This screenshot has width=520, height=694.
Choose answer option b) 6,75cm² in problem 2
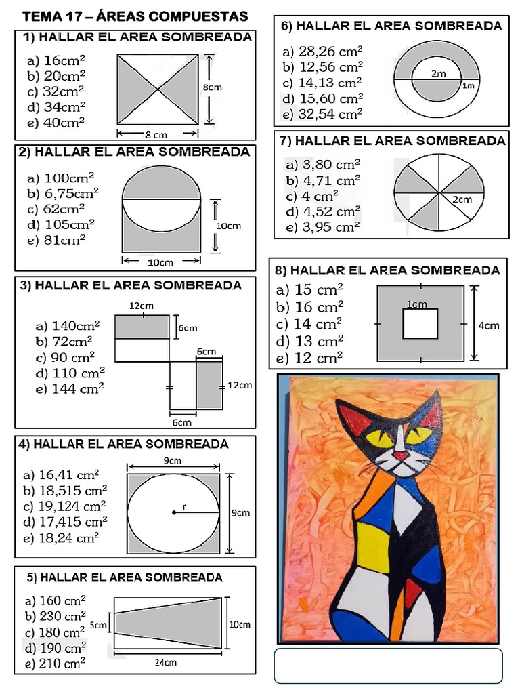pyautogui.click(x=63, y=194)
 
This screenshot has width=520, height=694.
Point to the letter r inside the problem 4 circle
pyautogui.click(x=184, y=506)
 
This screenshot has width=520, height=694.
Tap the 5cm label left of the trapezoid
pyautogui.click(x=99, y=625)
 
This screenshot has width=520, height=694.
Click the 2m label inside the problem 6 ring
pyautogui.click(x=437, y=73)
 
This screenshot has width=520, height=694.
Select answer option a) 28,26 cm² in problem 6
pyautogui.click(x=322, y=52)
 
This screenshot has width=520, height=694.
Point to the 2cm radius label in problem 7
pyautogui.click(x=462, y=199)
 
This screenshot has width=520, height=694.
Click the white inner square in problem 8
pyautogui.click(x=420, y=323)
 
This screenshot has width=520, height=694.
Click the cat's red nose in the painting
pyautogui.click(x=402, y=456)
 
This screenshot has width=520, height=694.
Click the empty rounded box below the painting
pyautogui.click(x=388, y=666)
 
